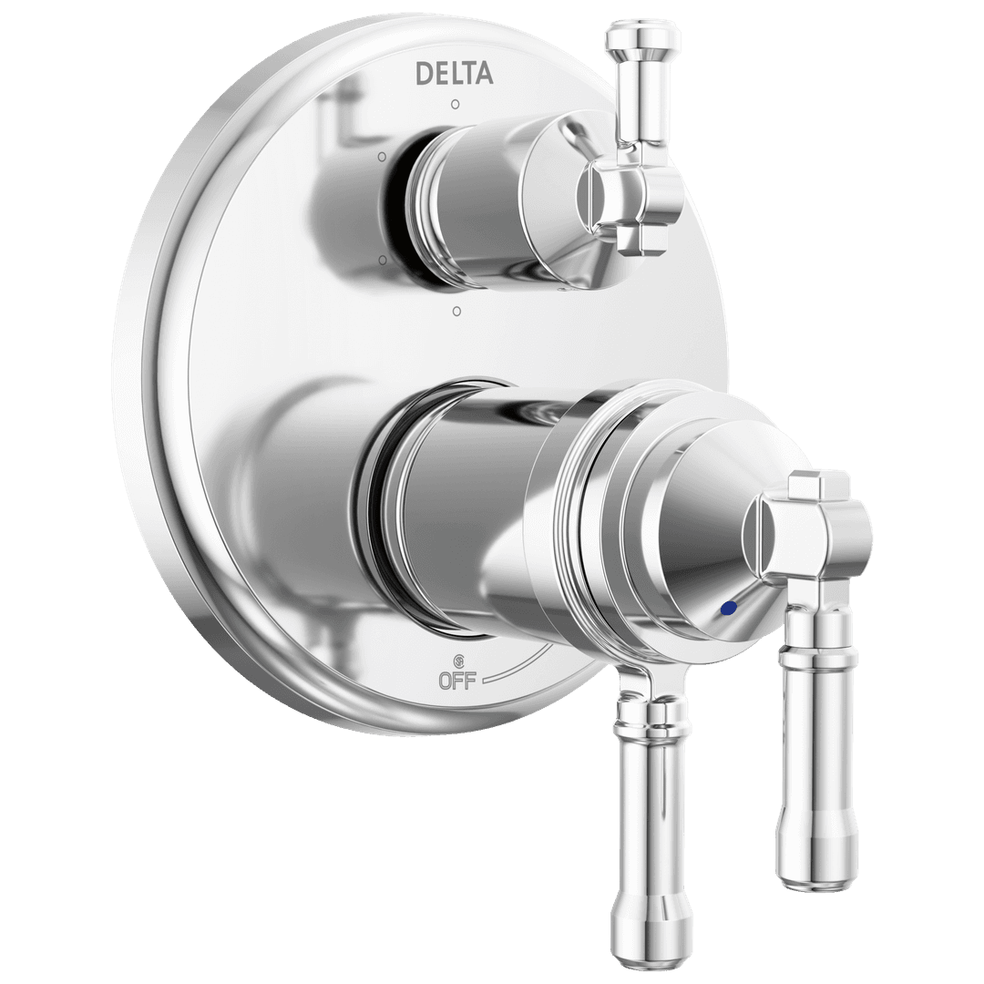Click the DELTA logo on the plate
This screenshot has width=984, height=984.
454,73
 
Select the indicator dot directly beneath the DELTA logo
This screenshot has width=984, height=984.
456,103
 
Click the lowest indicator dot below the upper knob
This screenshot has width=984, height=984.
456,312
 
